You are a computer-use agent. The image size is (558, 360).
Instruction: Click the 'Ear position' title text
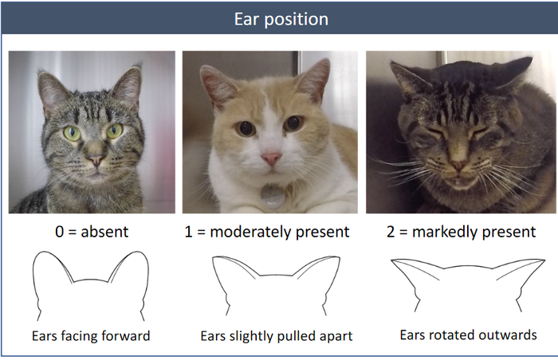coord(281,19)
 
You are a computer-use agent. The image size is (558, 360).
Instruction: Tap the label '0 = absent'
coord(92,232)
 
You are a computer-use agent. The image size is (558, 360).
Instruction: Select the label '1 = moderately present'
coord(267,232)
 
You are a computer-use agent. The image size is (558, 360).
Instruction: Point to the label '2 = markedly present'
coord(462,232)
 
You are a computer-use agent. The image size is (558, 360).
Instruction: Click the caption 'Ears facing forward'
coord(91,336)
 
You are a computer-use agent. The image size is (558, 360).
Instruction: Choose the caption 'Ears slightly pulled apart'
coord(277,336)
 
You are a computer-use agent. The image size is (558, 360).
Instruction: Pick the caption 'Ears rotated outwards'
coord(469,335)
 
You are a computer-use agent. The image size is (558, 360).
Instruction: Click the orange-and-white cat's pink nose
coord(272,158)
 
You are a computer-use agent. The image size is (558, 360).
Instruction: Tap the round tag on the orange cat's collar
coord(273,197)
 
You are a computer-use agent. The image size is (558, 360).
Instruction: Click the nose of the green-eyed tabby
coord(96,160)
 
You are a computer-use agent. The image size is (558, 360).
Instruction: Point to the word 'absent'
coord(104,232)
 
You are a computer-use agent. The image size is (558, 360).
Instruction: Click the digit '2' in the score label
coord(391,232)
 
